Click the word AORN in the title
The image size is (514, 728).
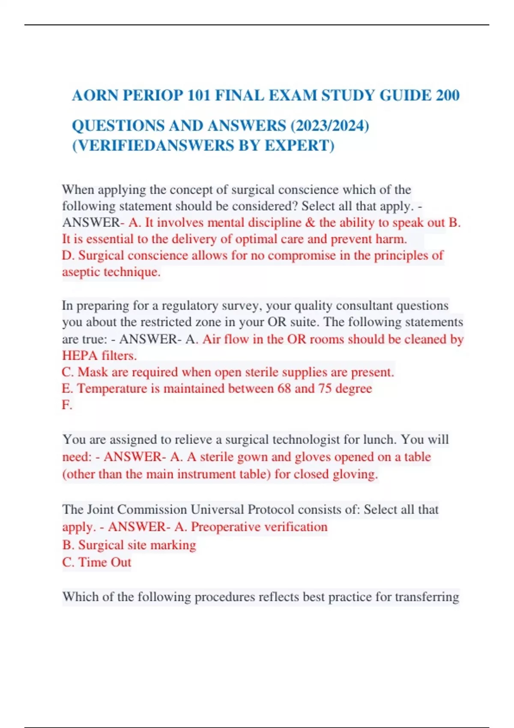point(95,95)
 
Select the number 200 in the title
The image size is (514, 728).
point(448,95)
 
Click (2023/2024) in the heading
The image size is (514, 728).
point(330,126)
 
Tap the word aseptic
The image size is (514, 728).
point(81,272)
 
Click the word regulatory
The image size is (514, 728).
point(193,306)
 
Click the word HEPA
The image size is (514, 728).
point(80,355)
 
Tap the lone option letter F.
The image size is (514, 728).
point(66,405)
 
